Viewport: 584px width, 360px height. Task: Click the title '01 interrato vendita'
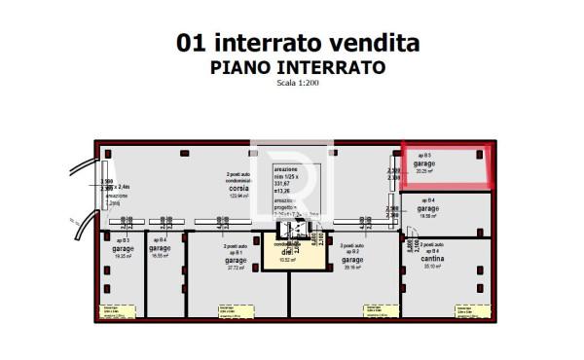click(298, 43)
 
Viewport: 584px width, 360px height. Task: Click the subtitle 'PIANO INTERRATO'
click(298, 67)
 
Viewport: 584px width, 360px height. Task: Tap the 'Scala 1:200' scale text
click(298, 83)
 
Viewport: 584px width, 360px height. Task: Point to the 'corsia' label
click(239, 190)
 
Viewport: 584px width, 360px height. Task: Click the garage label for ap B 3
click(123, 248)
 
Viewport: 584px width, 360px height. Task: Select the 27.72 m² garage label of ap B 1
click(236, 261)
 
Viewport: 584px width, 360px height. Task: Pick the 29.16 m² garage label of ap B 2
click(351, 261)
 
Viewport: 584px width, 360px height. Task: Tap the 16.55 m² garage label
click(161, 249)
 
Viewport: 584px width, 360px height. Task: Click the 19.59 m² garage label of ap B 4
click(428, 209)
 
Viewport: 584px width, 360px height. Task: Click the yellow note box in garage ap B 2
click(379, 311)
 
